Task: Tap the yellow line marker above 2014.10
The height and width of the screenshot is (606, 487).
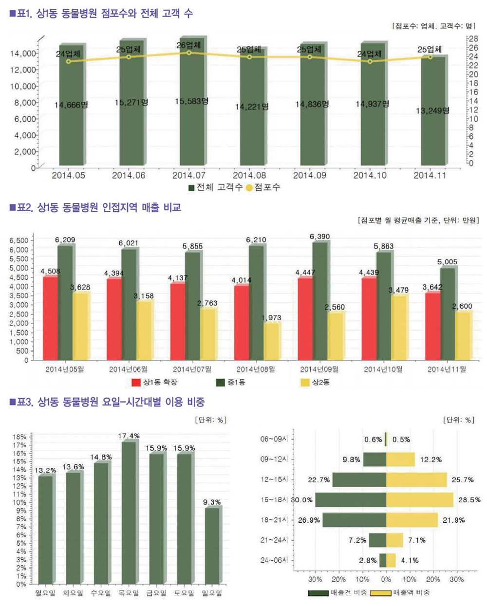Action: coord(370,61)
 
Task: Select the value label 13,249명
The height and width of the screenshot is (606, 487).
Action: coord(432,111)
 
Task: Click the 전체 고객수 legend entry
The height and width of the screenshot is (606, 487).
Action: coord(215,187)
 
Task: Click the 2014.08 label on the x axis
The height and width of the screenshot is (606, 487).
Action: coord(249,175)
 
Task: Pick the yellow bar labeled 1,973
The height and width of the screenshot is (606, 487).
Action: coord(272,341)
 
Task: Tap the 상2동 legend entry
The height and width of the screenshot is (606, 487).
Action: coord(315,383)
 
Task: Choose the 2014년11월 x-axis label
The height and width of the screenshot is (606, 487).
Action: coord(447,369)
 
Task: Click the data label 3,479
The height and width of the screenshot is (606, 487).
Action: coord(398,290)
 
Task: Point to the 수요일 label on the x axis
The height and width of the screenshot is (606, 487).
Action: coord(101,593)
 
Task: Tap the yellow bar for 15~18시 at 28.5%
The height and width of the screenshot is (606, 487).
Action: coord(419,500)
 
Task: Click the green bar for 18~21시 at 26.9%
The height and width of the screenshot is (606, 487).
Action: coord(354,520)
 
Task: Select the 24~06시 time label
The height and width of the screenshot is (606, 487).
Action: coord(274,560)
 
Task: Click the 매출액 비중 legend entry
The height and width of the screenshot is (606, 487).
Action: coord(400,593)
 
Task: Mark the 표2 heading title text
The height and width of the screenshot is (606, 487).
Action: coord(95,208)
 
